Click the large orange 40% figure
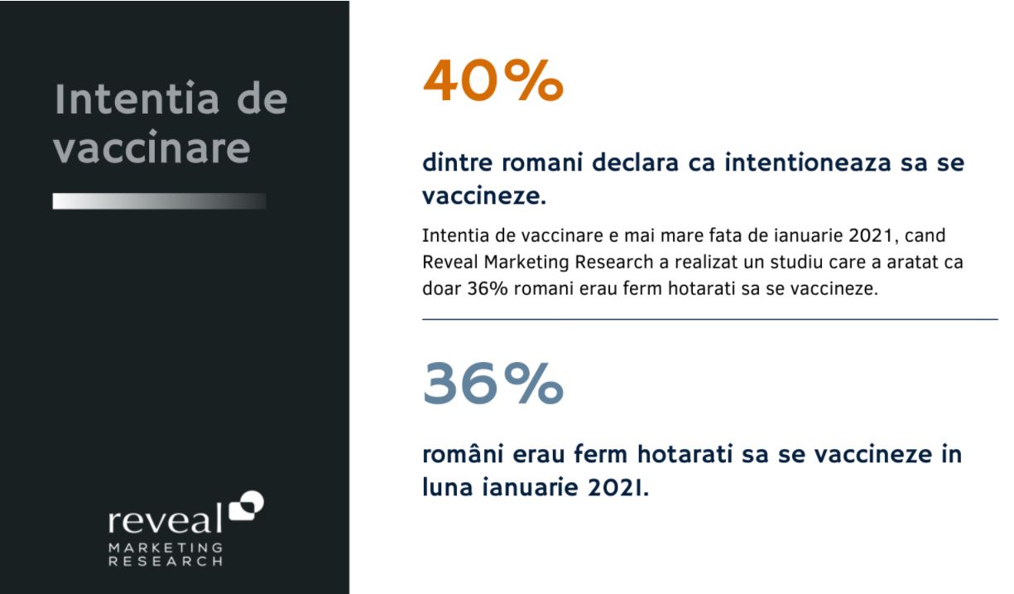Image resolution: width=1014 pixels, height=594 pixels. point(493,81)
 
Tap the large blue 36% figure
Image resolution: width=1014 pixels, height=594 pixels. point(493,384)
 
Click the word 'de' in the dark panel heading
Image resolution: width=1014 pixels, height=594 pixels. point(262,99)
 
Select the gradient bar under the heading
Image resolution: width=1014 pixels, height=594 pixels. point(159,200)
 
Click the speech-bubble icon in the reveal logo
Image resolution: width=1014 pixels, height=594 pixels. point(247,505)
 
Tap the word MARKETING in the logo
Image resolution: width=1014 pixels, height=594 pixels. point(166,548)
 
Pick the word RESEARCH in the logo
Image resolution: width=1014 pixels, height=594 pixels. point(166,562)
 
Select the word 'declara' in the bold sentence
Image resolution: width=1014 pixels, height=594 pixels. point(635,162)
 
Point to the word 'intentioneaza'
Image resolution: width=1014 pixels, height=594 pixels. point(808,162)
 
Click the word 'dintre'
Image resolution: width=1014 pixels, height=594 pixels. point(457,162)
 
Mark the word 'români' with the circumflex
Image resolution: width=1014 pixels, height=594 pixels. point(463,454)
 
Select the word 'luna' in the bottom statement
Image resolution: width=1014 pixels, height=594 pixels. point(448,487)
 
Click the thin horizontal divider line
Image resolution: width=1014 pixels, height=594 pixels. point(710,320)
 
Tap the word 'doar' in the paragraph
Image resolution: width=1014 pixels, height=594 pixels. point(442,288)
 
